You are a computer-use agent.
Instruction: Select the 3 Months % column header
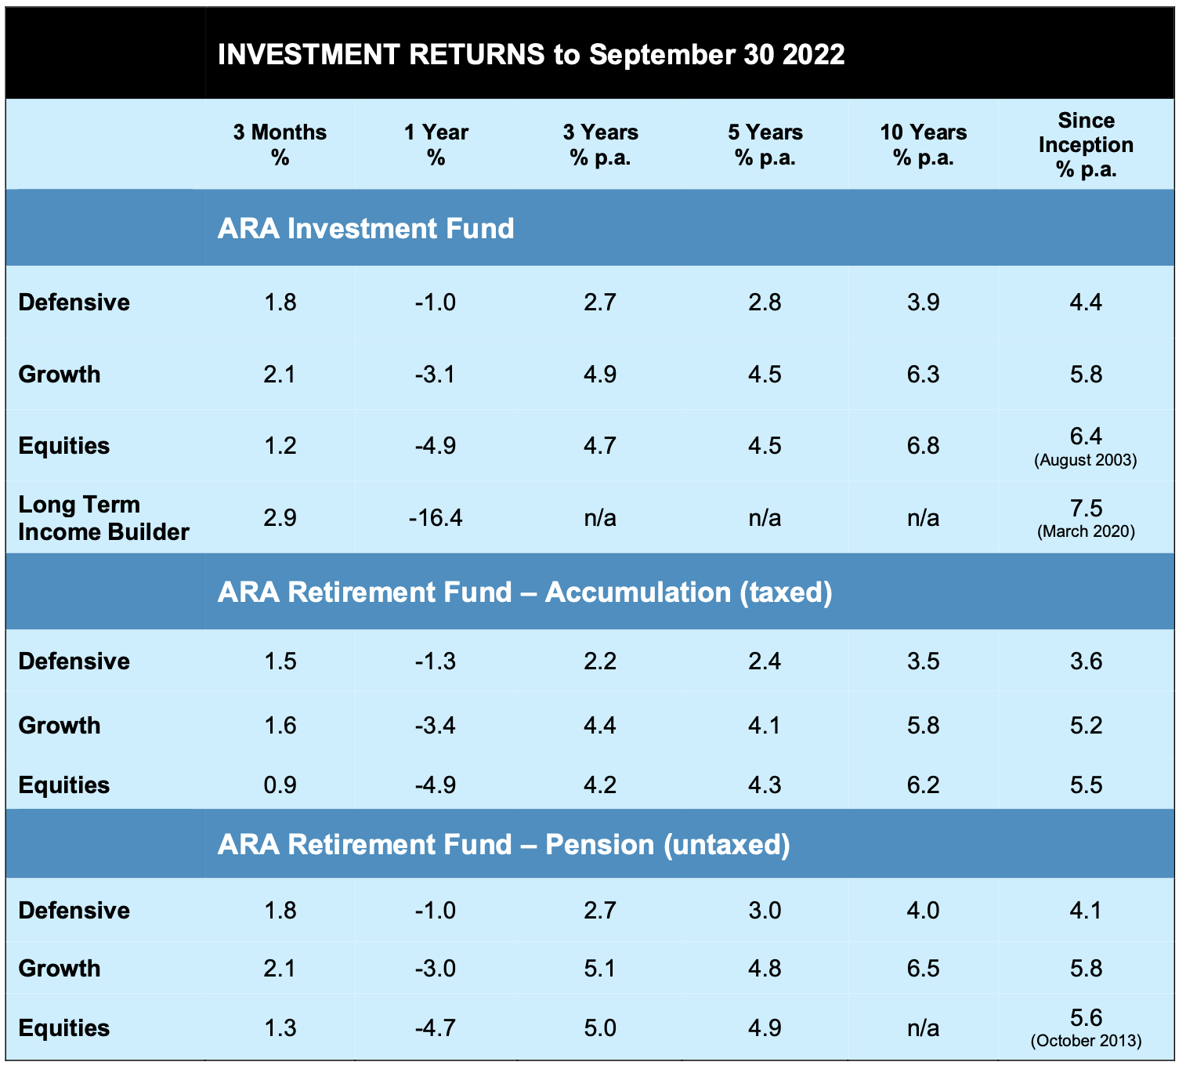280,144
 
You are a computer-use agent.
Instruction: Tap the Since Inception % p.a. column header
1086,144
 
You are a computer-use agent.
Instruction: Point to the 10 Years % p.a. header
923,144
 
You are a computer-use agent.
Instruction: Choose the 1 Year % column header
436,144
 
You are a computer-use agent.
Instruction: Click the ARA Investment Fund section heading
366,228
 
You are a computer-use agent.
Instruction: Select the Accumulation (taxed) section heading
524,592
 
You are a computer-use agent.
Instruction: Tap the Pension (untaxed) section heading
503,844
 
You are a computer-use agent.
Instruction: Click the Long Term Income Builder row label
103,518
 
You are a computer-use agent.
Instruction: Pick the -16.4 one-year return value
436,518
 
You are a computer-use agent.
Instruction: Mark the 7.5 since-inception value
1086,508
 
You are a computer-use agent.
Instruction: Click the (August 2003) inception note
1086,460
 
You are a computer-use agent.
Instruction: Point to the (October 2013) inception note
1086,1041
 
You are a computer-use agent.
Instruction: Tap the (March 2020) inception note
1086,531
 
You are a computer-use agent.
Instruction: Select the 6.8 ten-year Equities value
923,446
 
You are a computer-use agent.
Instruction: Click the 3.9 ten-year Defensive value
923,303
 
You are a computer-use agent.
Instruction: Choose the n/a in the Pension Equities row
923,1027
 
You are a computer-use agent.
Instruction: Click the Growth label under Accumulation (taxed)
60,725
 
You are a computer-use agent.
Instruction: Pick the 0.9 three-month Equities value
280,785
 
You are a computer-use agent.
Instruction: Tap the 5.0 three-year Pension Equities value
600,1027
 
